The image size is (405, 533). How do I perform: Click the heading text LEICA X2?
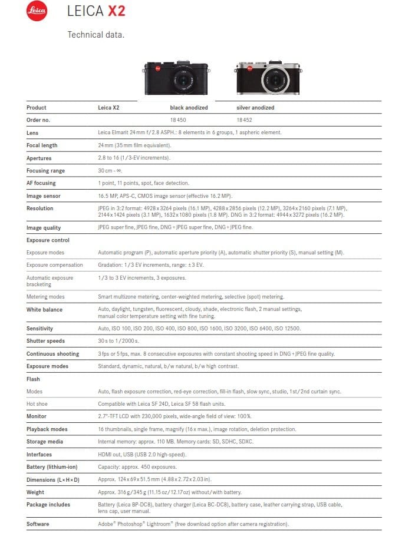pyautogui.click(x=96, y=11)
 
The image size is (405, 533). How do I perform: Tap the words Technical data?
pyautogui.click(x=96, y=35)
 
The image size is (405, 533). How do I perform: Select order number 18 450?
pyautogui.click(x=178, y=120)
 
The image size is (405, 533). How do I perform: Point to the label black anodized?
pyautogui.click(x=189, y=108)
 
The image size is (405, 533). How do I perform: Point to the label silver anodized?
pyautogui.click(x=255, y=108)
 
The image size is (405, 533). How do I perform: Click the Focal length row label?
pyautogui.click(x=42, y=145)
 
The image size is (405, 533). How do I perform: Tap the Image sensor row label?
pyautogui.click(x=44, y=196)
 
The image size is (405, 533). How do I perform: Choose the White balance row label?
pyautogui.click(x=44, y=310)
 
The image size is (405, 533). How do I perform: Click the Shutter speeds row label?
pyautogui.click(x=45, y=341)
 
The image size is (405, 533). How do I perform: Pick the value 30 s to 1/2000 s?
pyautogui.click(x=118, y=341)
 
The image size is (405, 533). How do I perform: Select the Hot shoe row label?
pyautogui.click(x=37, y=404)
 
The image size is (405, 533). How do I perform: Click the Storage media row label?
pyautogui.click(x=45, y=442)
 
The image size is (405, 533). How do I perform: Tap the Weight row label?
pyautogui.click(x=35, y=492)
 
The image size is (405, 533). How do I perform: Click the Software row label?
pyautogui.click(x=38, y=524)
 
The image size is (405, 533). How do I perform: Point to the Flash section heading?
pyautogui.click(x=33, y=379)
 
